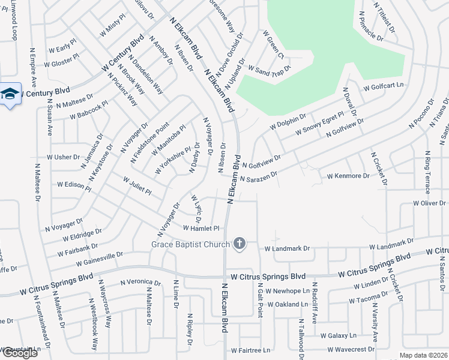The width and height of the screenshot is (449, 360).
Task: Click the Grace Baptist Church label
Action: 190,244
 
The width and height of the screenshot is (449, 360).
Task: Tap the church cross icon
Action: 240,244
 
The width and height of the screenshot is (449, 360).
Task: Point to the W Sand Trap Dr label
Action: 269,69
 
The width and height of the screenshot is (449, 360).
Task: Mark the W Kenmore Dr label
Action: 348,176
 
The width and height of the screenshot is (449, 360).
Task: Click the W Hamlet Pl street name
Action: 202,228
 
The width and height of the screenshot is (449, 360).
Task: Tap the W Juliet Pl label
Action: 137,185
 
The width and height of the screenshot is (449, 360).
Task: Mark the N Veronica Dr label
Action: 140,282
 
